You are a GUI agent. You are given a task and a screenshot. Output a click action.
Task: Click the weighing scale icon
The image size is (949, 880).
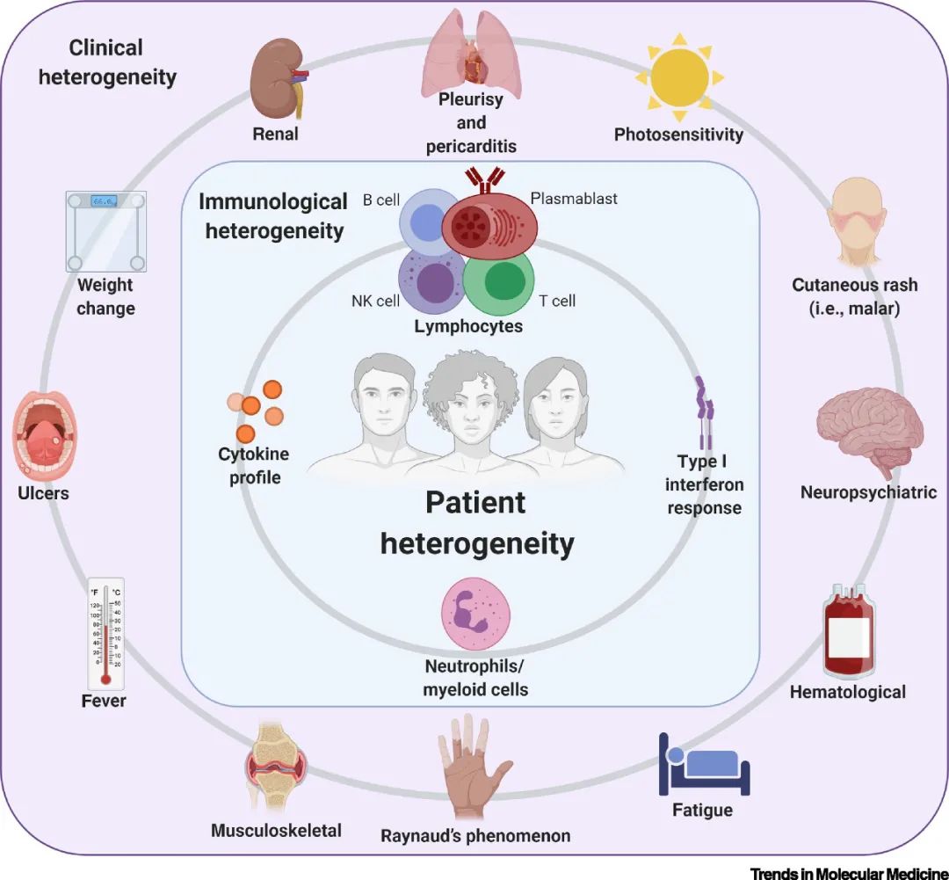[x=105, y=231]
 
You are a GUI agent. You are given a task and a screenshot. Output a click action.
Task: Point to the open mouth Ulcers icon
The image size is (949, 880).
[x=46, y=437]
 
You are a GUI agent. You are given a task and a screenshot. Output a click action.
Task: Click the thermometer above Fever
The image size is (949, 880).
[x=105, y=635]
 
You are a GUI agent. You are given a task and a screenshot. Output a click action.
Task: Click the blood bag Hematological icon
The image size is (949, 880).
[x=847, y=630]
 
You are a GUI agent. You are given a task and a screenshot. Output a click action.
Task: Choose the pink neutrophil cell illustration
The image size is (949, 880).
[x=474, y=610]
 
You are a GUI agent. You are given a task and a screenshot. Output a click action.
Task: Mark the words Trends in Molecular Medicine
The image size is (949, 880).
[x=849, y=872]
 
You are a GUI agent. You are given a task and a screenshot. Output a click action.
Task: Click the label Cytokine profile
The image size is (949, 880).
[x=254, y=466]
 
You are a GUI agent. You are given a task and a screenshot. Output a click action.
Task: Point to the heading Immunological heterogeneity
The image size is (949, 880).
[x=273, y=216]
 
